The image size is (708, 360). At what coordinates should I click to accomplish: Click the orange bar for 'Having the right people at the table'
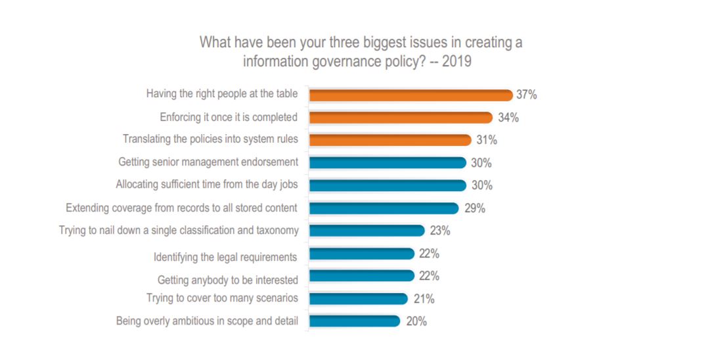[x=410, y=95]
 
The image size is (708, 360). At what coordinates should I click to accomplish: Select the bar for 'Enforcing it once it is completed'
[x=401, y=118]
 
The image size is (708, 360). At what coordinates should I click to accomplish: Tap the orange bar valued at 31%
[x=390, y=140]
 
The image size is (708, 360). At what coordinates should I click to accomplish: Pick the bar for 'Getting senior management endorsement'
[x=387, y=162]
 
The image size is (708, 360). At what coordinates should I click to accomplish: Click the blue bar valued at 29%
[x=384, y=208]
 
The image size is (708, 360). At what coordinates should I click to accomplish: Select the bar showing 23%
[x=366, y=231]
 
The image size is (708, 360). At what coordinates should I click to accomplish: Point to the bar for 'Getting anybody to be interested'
[x=361, y=276]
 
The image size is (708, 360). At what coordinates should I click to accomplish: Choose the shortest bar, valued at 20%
[x=355, y=321]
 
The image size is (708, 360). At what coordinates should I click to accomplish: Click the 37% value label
[x=527, y=95]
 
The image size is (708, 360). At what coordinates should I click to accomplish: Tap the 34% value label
[x=508, y=118]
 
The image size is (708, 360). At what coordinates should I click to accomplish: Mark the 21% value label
[x=424, y=299]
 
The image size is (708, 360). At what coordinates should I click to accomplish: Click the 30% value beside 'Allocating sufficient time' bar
[x=481, y=185]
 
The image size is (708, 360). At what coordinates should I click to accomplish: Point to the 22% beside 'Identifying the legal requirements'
[x=429, y=254]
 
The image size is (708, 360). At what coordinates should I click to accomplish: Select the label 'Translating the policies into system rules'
[x=210, y=140]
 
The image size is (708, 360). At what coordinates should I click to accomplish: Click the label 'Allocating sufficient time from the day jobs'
[x=207, y=185]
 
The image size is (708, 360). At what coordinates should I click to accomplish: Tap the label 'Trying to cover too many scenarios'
[x=222, y=299]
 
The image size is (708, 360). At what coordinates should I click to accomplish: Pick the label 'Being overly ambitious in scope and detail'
[x=207, y=321]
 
